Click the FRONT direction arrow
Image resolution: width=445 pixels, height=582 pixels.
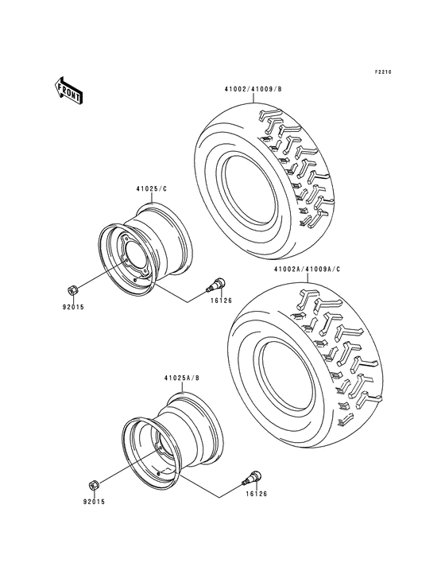(x=70, y=91)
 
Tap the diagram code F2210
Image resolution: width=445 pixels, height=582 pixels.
(x=385, y=72)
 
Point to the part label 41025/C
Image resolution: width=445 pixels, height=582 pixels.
(x=151, y=188)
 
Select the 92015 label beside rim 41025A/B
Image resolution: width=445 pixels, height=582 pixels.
(x=94, y=501)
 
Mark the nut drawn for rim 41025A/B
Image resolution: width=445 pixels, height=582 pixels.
(x=92, y=484)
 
